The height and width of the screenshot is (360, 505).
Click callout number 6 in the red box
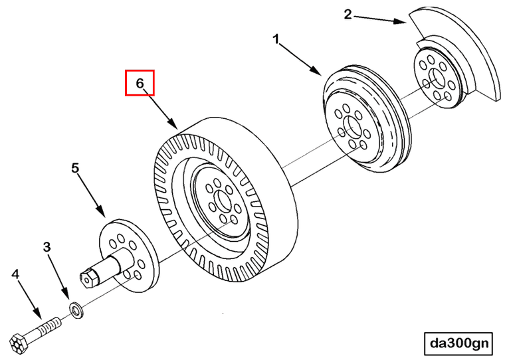point(140,84)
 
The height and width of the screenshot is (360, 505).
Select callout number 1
point(276,40)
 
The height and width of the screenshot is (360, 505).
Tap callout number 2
point(348,14)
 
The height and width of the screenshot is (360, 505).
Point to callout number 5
point(76,169)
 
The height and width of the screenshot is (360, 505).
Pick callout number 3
point(47,247)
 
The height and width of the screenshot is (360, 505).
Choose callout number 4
point(15,274)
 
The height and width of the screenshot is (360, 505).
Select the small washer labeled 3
point(76,309)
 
